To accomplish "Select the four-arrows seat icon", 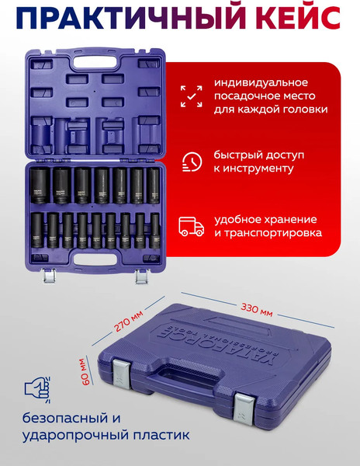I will pos(191,96).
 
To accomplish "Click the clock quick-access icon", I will pos(191,161).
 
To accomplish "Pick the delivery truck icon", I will pos(191,226).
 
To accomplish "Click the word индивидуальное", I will pos(262,82).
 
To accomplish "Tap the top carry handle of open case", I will pos(98,57).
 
